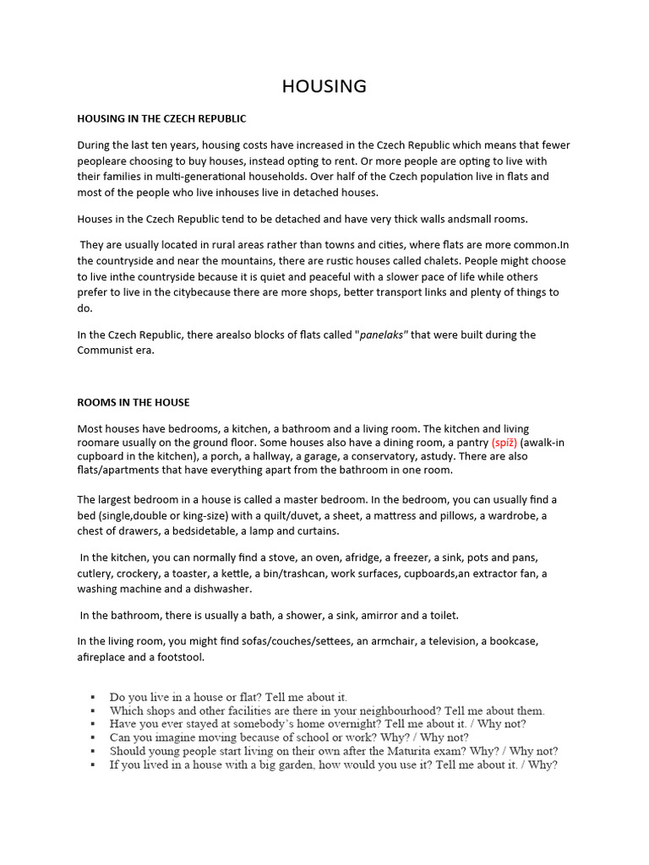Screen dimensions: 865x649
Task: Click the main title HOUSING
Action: tap(324, 86)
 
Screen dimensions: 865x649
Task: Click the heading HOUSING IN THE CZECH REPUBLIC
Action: tap(161, 119)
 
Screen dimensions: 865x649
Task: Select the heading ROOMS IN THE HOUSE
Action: tap(134, 402)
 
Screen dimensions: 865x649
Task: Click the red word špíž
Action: tap(504, 442)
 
